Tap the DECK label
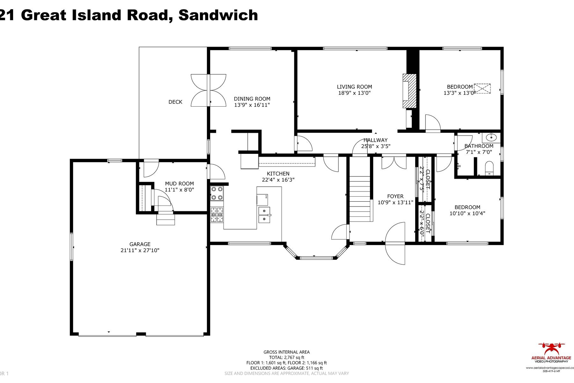click(x=175, y=102)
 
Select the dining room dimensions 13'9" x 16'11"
click(x=252, y=105)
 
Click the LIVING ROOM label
click(x=354, y=87)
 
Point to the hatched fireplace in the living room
click(x=410, y=92)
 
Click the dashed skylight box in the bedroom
click(x=482, y=88)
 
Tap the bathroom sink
click(x=491, y=138)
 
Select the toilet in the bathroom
click(x=489, y=168)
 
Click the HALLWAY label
click(x=376, y=140)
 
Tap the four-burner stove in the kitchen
click(x=217, y=193)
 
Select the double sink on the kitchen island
click(x=264, y=215)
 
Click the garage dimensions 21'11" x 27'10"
click(x=140, y=251)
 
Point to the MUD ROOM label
click(x=179, y=184)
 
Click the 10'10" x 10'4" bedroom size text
click(x=467, y=214)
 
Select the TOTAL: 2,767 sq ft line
click(x=286, y=357)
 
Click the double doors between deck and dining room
click(x=209, y=90)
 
